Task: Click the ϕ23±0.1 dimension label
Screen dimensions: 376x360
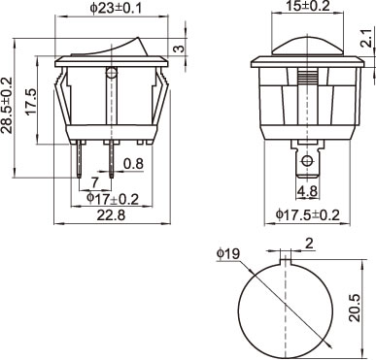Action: click(116, 9)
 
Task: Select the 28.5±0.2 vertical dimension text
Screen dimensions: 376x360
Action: click(7, 106)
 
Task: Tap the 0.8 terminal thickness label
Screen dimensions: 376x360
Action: click(133, 164)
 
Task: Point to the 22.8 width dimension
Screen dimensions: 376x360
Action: click(111, 215)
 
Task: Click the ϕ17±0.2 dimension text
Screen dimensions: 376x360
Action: click(113, 199)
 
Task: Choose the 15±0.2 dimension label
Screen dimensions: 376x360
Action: click(307, 6)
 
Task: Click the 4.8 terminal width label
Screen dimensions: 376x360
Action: click(308, 191)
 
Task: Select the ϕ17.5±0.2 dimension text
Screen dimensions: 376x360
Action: click(307, 214)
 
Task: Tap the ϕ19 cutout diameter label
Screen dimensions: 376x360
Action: click(228, 253)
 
